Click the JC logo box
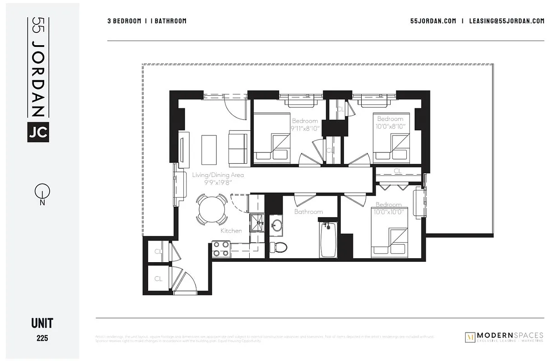[x=38, y=132]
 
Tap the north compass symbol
[x=41, y=193]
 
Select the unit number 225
[x=42, y=338]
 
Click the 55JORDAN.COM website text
[x=433, y=21]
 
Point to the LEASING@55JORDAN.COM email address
[x=507, y=21]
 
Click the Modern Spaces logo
[x=504, y=337]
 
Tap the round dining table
[x=212, y=208]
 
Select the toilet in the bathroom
[x=279, y=247]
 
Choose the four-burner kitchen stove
[x=221, y=249]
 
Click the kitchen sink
[x=258, y=223]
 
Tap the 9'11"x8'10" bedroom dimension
[x=305, y=128]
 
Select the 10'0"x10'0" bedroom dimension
[x=388, y=211]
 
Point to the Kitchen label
[x=231, y=231]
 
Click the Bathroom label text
[x=308, y=212]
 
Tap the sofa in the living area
[x=238, y=148]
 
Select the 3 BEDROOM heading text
[x=124, y=21]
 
